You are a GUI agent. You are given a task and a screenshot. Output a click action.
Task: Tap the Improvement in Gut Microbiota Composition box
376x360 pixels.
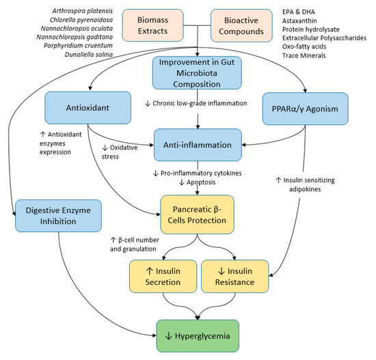click(196, 74)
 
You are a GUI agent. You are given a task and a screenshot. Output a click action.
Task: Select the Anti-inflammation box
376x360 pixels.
click(196, 144)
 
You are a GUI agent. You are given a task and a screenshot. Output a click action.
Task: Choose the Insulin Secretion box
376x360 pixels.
click(162, 275)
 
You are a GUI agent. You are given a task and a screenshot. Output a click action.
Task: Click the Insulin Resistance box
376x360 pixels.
click(232, 275)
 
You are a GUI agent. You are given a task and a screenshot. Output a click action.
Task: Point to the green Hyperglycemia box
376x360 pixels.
click(196, 336)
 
